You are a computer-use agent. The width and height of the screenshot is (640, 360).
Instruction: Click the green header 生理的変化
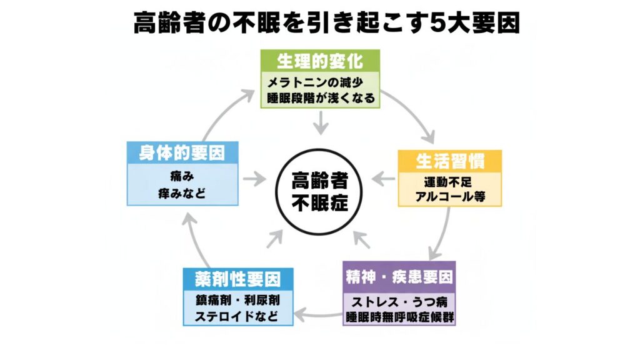coord(320,61)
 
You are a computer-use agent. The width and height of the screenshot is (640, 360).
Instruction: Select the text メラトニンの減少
coord(320,82)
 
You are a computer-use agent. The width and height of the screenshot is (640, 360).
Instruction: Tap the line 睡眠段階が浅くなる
coord(320,97)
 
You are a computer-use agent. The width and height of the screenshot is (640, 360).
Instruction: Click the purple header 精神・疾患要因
coord(399,276)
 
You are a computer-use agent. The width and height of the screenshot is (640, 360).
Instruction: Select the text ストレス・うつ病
coord(399,300)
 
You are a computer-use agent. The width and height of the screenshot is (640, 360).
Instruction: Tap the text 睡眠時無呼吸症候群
coord(399,316)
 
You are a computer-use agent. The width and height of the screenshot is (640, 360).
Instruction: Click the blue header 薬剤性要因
coord(238,277)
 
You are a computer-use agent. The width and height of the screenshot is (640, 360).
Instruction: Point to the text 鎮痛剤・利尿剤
coord(238,299)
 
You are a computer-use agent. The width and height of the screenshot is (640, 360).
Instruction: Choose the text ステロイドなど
coord(238,315)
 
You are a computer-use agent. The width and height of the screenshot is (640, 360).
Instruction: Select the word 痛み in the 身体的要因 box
coord(182,176)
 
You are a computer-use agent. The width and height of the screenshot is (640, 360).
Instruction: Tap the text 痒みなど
coord(182,194)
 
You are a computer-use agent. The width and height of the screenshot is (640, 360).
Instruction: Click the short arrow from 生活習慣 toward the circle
coord(382,180)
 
